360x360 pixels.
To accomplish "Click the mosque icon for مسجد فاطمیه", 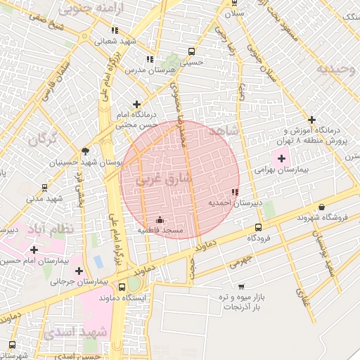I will pos(160,219).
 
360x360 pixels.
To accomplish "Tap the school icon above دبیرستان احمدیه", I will pos(234,192).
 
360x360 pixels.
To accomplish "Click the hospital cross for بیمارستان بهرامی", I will pos(282,159).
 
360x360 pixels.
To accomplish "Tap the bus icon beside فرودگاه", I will pos(259,227).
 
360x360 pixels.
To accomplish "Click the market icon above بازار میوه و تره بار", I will pos(242,286).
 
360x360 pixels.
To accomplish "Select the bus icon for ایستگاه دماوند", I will pos(122,287).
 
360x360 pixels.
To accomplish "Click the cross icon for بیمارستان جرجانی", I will pos(79,270).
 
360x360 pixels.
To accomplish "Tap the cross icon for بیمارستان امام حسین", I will pos(34,249).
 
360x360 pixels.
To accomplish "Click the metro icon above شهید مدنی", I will pos(45,188).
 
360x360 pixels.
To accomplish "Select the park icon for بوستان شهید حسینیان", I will pos(86,150).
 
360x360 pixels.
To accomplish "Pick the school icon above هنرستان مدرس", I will pos(148,60).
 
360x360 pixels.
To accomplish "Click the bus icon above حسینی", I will pos(192,51).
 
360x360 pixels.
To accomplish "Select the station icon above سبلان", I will pos(234,3).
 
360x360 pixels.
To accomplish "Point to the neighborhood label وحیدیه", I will pos(332,69).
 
